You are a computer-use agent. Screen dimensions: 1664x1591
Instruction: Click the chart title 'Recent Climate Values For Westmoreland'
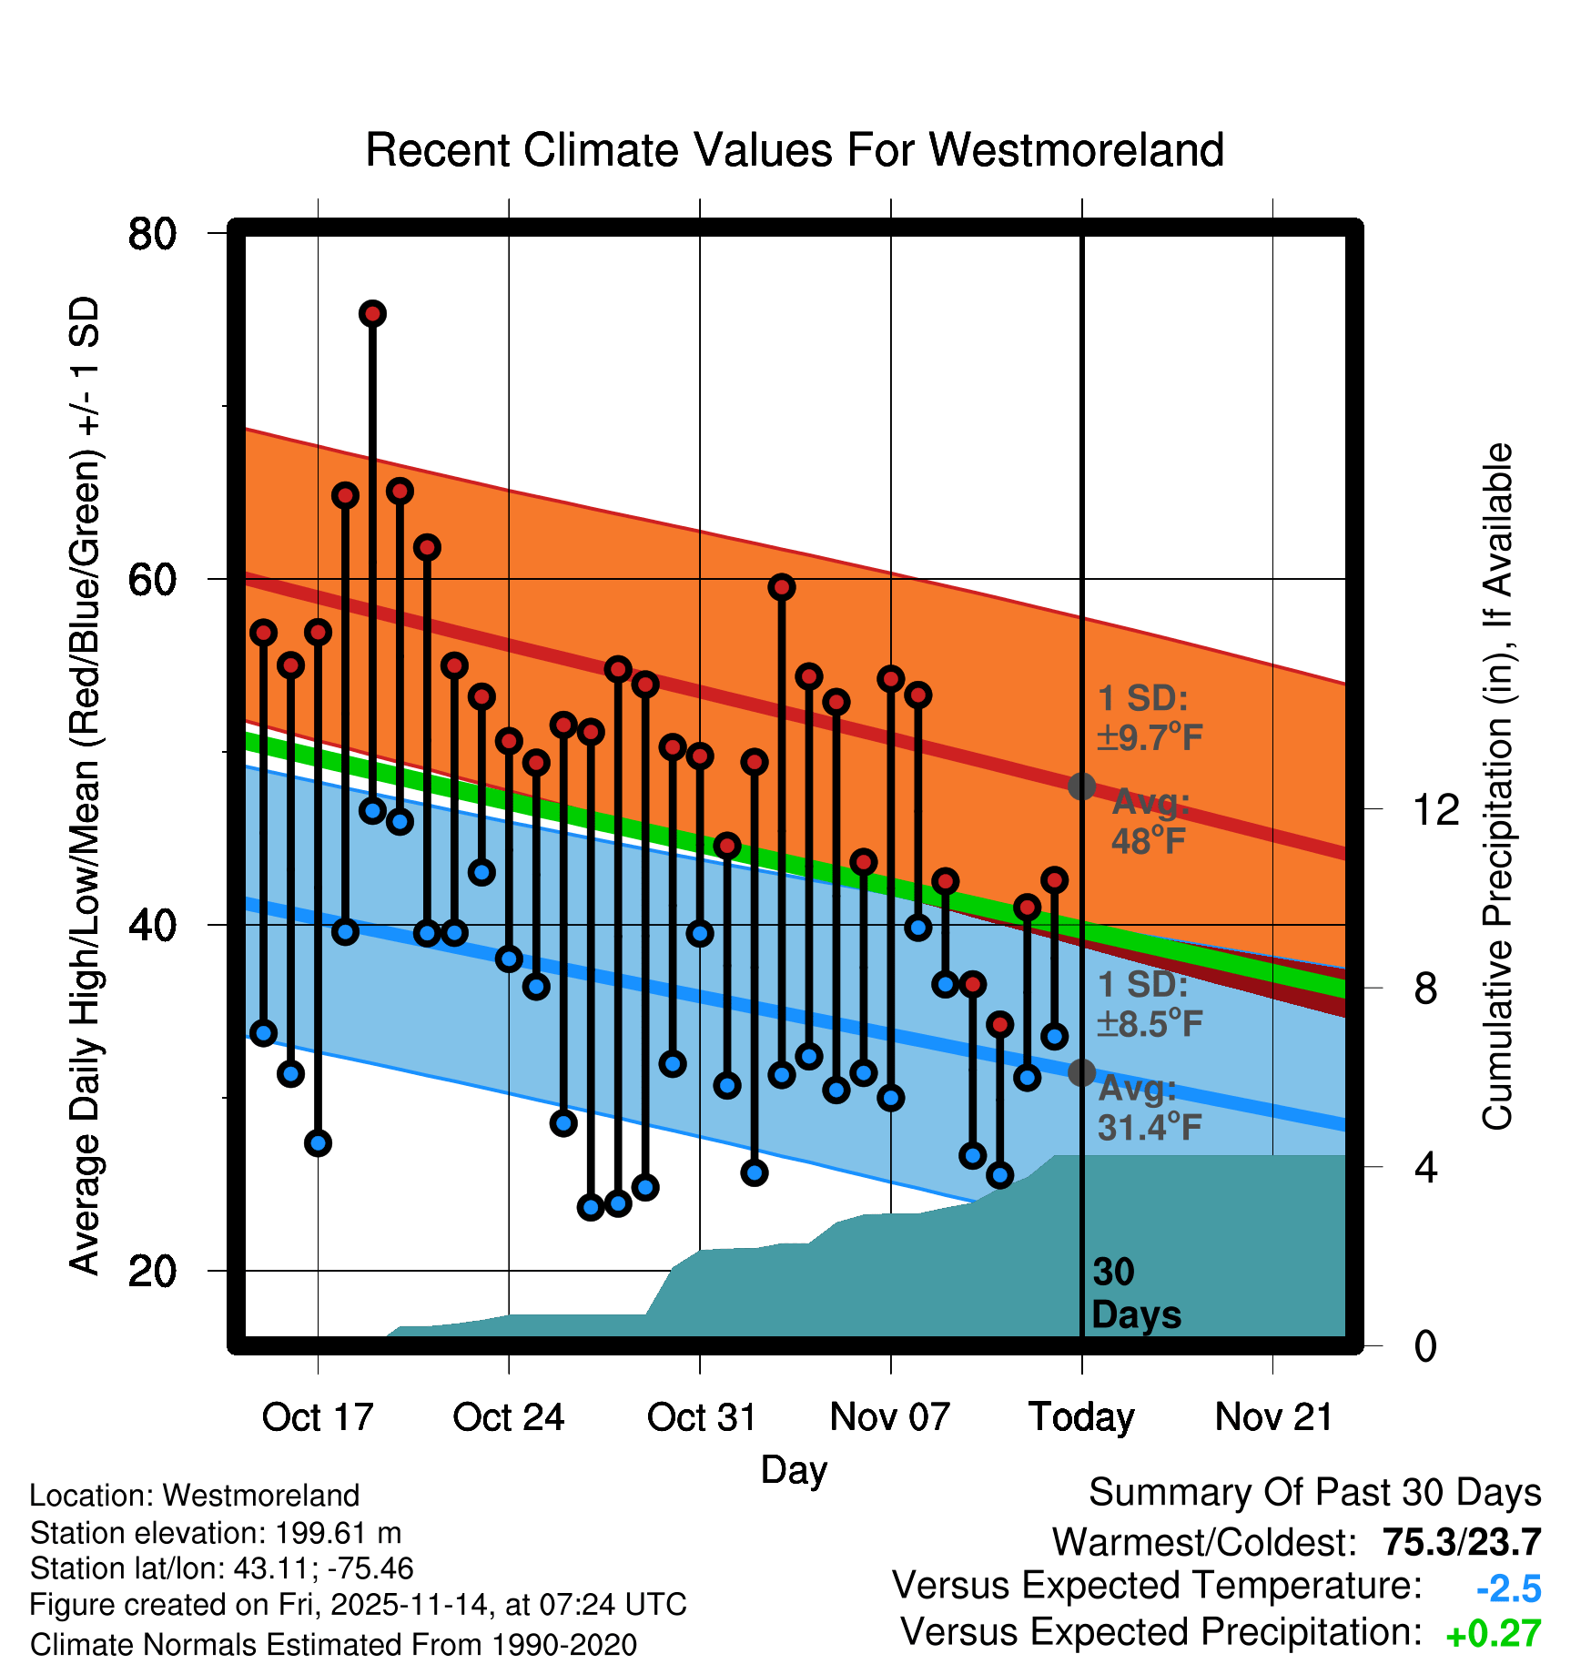coord(794,150)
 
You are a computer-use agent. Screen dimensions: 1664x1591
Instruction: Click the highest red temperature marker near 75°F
coord(372,314)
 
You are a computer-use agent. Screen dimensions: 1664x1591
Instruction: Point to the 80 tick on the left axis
coord(152,234)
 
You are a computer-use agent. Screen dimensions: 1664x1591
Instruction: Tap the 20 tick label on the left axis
coord(152,1271)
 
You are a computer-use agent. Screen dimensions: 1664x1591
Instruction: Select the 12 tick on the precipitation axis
coord(1436,809)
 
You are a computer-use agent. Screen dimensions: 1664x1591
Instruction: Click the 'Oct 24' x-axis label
coord(509,1417)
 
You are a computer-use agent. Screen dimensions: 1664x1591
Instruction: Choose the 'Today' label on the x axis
coord(1081,1417)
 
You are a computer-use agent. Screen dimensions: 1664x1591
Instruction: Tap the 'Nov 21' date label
coord(1273,1417)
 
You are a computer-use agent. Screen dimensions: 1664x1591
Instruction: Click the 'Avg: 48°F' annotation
coord(1150,821)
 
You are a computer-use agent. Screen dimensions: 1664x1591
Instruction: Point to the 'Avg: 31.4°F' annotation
coord(1150,1108)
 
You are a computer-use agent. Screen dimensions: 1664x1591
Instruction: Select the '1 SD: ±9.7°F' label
coord(1150,717)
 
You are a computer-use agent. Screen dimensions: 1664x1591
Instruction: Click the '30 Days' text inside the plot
coord(1135,1294)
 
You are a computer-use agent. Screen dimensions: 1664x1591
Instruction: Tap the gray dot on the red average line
coord(1081,786)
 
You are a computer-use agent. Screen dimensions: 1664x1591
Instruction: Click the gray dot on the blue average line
coord(1081,1073)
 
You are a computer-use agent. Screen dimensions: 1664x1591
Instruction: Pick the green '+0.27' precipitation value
coord(1493,1634)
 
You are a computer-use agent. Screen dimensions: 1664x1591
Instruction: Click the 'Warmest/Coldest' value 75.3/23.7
coord(1462,1542)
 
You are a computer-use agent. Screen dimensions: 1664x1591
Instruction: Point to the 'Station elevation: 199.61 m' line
coord(216,1533)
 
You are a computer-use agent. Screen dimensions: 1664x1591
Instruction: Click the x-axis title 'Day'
coord(794,1469)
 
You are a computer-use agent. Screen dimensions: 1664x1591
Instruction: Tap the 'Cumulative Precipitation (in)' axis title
coord(1497,787)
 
